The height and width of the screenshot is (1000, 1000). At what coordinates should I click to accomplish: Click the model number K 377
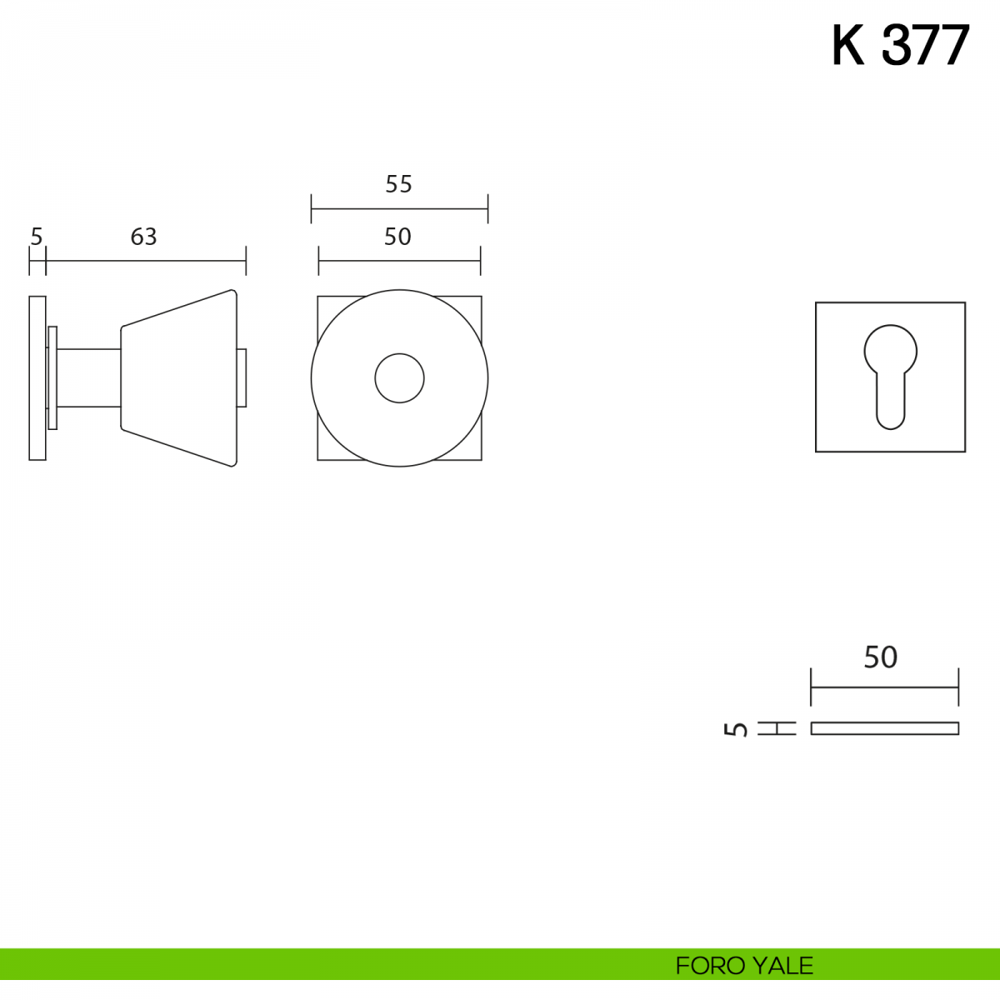pyautogui.click(x=900, y=46)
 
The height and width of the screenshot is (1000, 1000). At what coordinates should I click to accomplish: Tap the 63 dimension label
pyautogui.click(x=143, y=237)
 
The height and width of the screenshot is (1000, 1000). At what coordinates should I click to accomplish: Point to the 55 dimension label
pyautogui.click(x=398, y=184)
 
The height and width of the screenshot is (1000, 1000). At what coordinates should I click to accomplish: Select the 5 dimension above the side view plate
pyautogui.click(x=37, y=237)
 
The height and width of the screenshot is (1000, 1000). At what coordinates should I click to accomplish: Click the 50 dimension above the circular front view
pyautogui.click(x=397, y=237)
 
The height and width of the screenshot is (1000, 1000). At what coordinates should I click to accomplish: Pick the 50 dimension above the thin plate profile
pyautogui.click(x=880, y=657)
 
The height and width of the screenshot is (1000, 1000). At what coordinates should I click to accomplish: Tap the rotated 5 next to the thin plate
pyautogui.click(x=736, y=728)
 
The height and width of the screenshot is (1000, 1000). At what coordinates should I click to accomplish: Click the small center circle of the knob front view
pyautogui.click(x=400, y=378)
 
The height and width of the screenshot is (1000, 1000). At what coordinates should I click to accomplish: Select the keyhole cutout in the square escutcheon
pyautogui.click(x=891, y=377)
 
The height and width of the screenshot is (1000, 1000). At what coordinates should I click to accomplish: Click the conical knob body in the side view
pyautogui.click(x=179, y=377)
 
